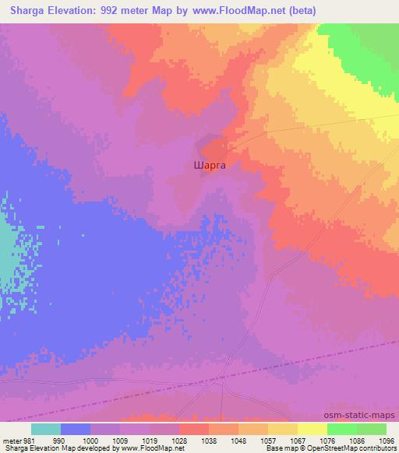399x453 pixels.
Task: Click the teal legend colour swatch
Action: [46, 429]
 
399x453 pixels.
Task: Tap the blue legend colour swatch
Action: [76, 429]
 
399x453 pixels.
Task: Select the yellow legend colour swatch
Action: [312, 429]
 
